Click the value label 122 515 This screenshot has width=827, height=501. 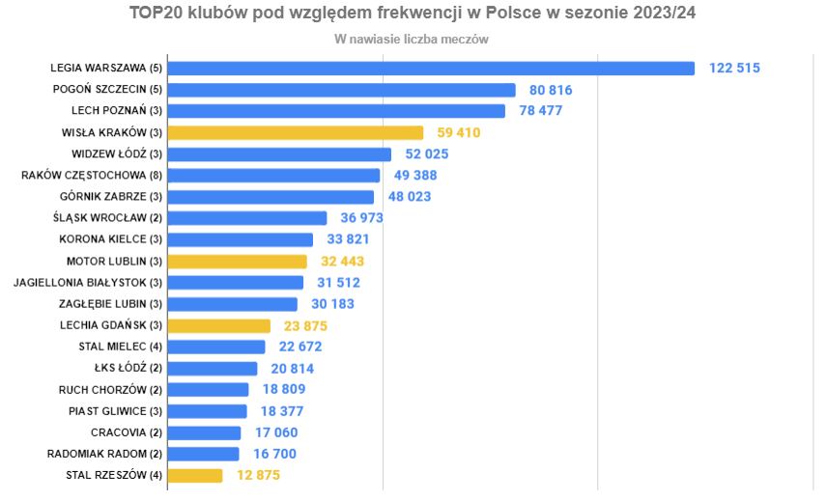coord(734,69)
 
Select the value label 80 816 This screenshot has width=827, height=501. coord(551,90)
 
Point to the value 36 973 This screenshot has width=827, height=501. coord(361,218)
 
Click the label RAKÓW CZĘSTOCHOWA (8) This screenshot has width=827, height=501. coord(92,176)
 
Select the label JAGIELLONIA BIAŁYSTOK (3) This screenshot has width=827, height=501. coord(88,283)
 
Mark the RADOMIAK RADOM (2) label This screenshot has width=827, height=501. coord(104,454)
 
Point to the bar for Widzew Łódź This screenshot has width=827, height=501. coord(280,154)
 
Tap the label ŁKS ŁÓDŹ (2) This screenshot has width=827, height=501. coord(128,368)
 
